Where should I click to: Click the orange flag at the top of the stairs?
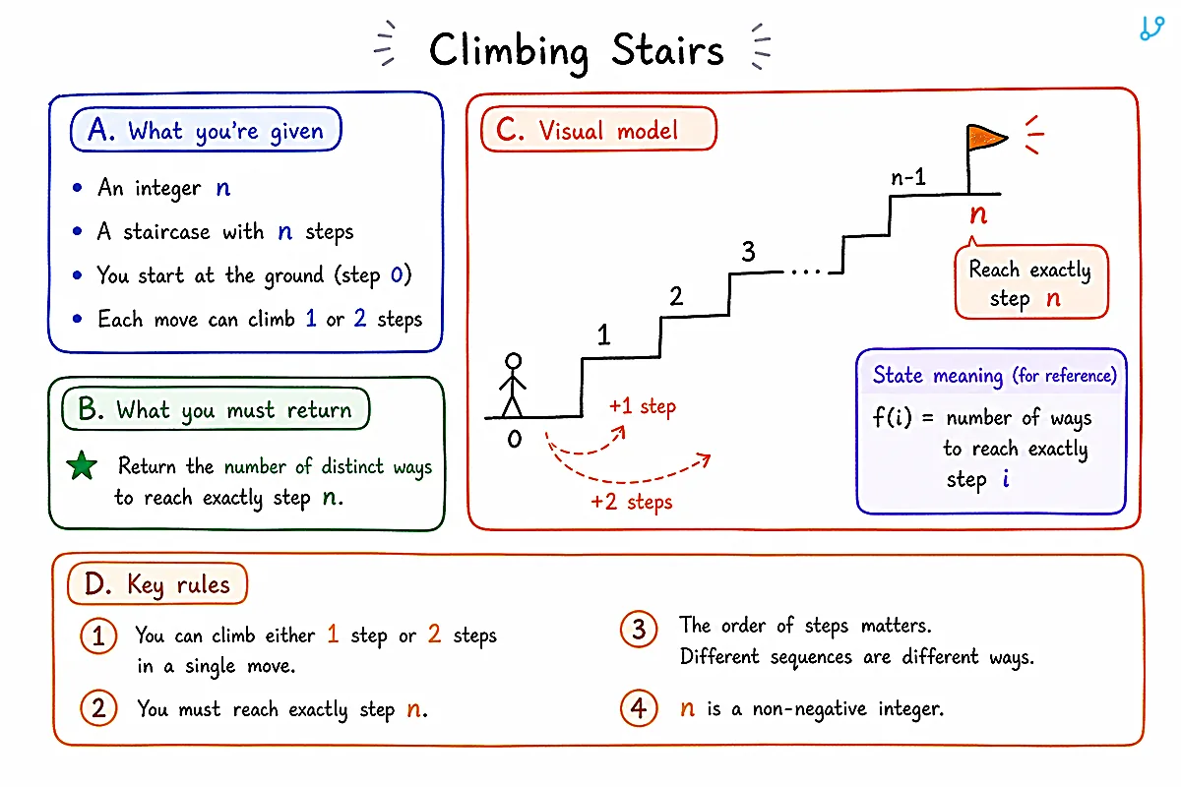tap(986, 138)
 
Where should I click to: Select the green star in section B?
tap(82, 465)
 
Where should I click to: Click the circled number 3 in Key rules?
tap(639, 629)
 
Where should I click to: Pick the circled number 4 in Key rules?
tap(639, 708)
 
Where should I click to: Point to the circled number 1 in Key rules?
tap(98, 636)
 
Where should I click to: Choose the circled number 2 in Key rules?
tap(98, 708)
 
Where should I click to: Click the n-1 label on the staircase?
tap(907, 177)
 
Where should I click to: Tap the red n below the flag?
tap(978, 214)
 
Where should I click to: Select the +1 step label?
tap(642, 407)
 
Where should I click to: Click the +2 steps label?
tap(631, 502)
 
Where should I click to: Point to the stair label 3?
tap(748, 252)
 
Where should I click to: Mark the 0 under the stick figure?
tap(514, 439)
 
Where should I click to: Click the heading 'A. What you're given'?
tap(206, 130)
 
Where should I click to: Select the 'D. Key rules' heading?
tap(157, 583)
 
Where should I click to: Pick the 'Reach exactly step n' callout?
tap(1031, 282)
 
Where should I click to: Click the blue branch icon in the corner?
tap(1151, 29)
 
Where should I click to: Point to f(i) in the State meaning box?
tap(892, 417)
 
